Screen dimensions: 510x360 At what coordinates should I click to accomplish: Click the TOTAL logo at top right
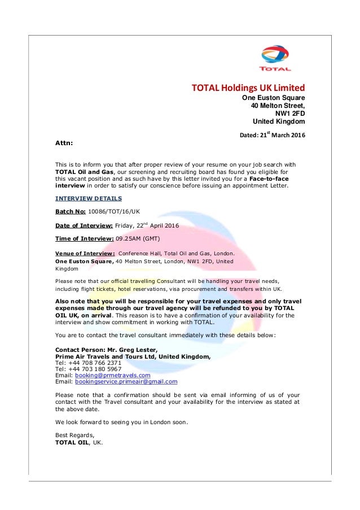click(275, 59)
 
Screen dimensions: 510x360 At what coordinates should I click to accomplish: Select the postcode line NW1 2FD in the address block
click(290, 113)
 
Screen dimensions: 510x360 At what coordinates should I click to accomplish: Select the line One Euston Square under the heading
click(274, 98)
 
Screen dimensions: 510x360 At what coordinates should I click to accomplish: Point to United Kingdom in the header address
click(279, 121)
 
